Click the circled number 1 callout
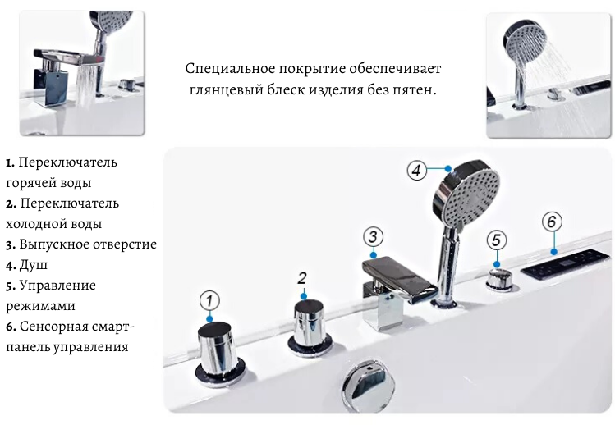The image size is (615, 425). point(209,301)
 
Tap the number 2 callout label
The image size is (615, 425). point(301,278)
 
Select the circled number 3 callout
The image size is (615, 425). point(373,237)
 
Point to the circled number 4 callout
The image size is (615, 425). point(416,171)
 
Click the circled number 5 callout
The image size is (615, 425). point(497,240)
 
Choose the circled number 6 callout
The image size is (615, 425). point(552,222)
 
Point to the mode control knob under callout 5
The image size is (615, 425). point(499,280)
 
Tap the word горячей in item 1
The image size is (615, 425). point(30,183)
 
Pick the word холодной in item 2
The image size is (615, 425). point(34,224)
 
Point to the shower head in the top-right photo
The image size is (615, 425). point(524,44)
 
